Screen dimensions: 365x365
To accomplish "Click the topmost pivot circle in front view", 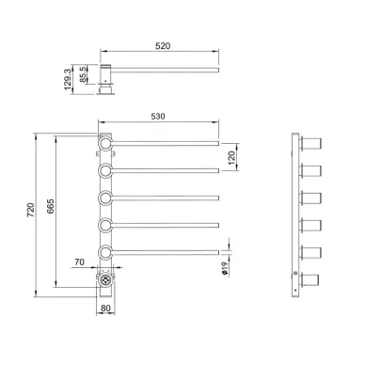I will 105,143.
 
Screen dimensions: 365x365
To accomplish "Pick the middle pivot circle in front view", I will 105,198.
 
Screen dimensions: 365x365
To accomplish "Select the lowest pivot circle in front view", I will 105,251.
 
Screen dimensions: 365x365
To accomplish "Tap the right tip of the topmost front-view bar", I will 217,143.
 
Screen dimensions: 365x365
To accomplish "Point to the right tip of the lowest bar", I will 217,251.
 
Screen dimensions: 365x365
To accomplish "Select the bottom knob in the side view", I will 310,279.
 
